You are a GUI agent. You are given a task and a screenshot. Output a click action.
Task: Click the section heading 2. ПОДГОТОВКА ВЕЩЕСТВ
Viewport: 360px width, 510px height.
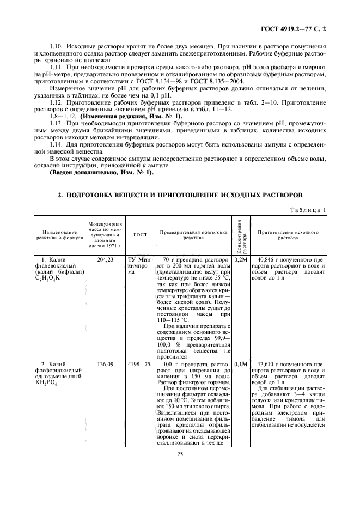tap(179, 195)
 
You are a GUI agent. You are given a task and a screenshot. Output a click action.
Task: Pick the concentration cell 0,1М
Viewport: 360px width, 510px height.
tap(241, 363)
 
